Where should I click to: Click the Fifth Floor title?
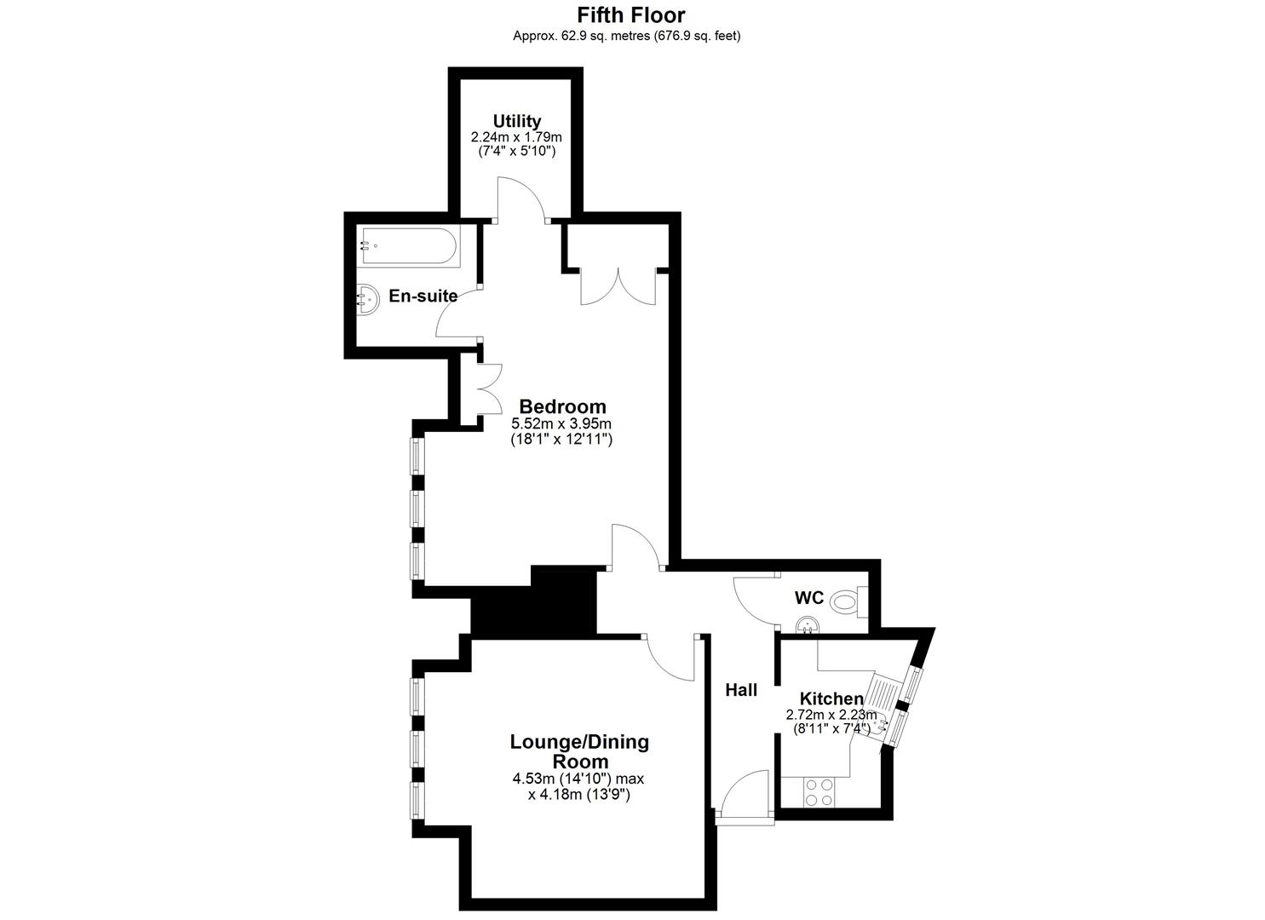631,14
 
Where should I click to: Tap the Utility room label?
517,121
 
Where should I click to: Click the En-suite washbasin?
367,299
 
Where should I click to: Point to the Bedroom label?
562,406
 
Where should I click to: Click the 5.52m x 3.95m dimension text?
561,423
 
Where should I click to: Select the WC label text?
809,597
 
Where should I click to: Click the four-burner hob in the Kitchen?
819,792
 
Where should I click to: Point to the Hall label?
741,690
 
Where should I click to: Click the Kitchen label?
831,699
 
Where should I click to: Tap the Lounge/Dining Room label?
579,751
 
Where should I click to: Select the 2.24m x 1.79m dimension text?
517,137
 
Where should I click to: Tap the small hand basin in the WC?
808,625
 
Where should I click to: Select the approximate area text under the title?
626,36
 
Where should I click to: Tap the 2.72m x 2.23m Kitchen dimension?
831,715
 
